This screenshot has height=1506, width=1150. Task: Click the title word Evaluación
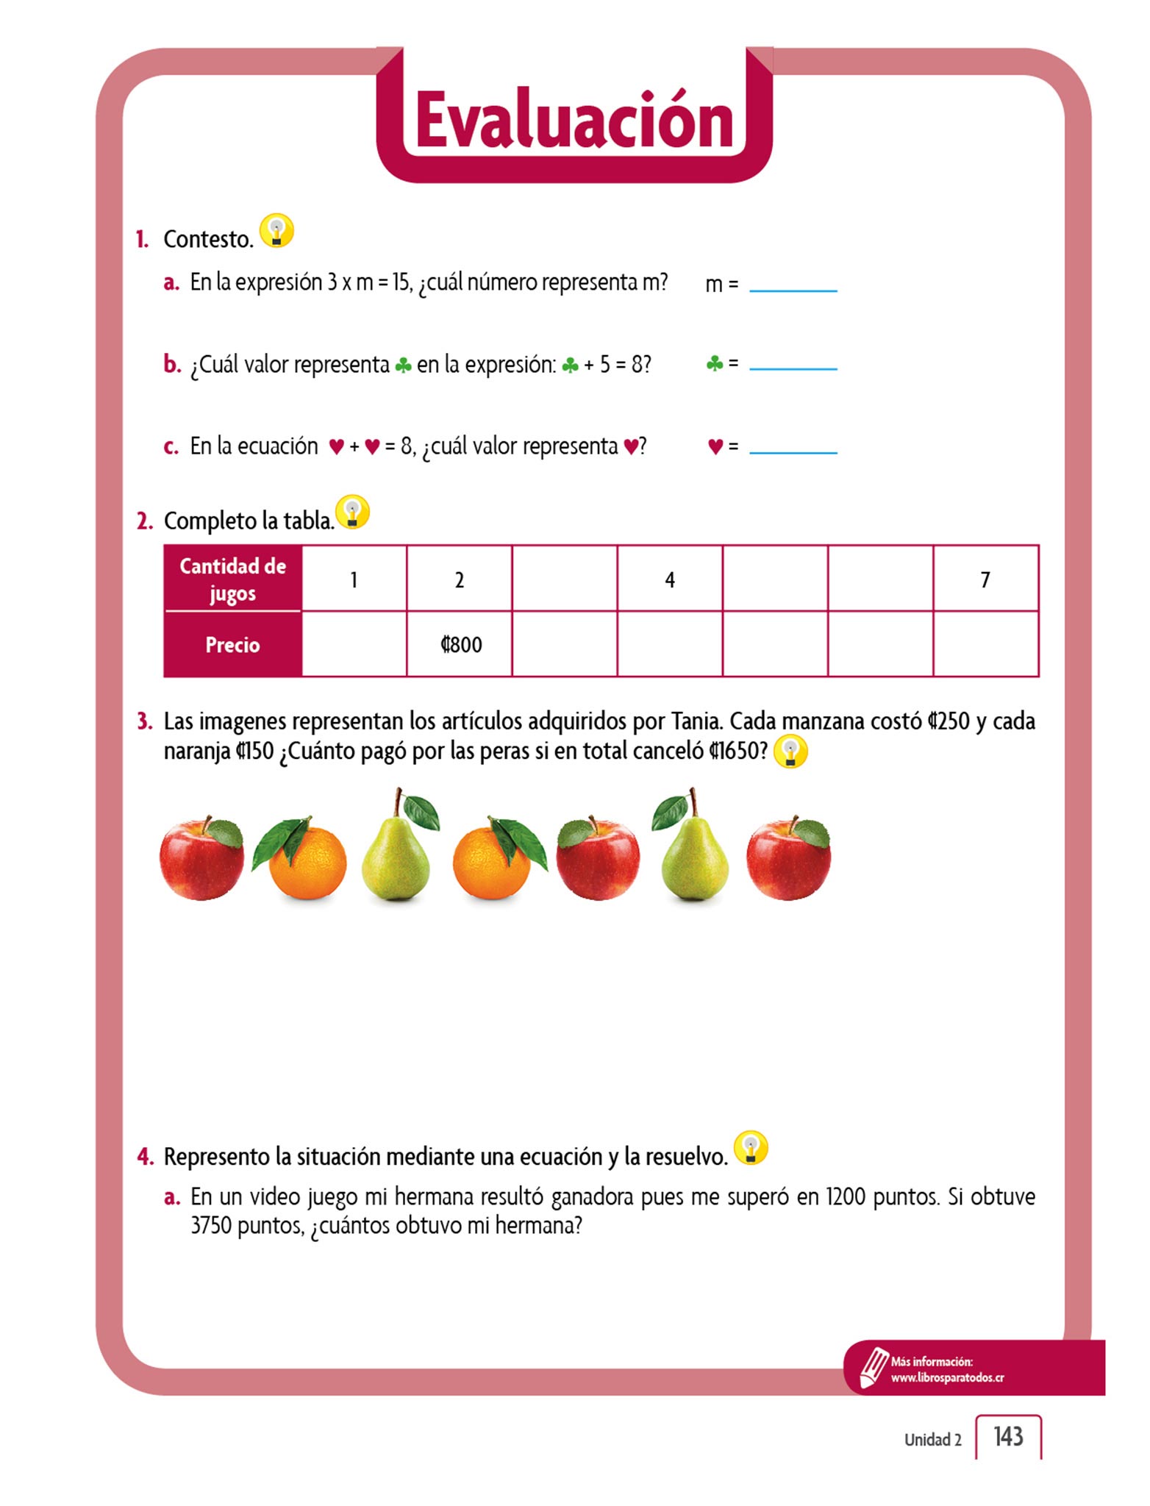pos(574,121)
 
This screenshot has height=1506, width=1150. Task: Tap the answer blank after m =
pos(793,284)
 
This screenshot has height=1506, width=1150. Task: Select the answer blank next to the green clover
pos(793,362)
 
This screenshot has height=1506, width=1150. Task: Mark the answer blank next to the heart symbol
pos(793,446)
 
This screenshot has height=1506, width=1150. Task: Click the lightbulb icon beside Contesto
pos(276,231)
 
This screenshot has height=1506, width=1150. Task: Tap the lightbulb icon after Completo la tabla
pos(352,512)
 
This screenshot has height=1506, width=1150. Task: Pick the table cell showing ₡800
pos(460,644)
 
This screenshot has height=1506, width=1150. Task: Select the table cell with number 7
pos(985,579)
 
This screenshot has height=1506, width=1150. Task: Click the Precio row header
pos(232,644)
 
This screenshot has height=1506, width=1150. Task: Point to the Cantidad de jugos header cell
pos(232,579)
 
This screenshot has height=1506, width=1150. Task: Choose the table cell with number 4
pos(669,579)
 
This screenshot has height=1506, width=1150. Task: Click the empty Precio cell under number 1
pos(354,644)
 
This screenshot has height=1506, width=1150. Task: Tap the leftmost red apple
pos(202,858)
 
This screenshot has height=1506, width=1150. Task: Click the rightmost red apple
pos(788,858)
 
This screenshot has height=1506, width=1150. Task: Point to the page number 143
pos(1008,1436)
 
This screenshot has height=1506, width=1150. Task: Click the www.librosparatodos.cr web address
pos(947,1378)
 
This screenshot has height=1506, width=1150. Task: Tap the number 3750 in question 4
pos(211,1226)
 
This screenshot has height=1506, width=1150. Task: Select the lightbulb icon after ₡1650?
pos(790,752)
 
